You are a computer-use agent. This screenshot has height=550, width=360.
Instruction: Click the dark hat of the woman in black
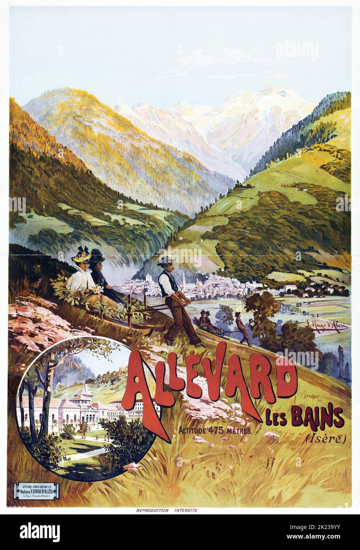[x=97, y=255]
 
